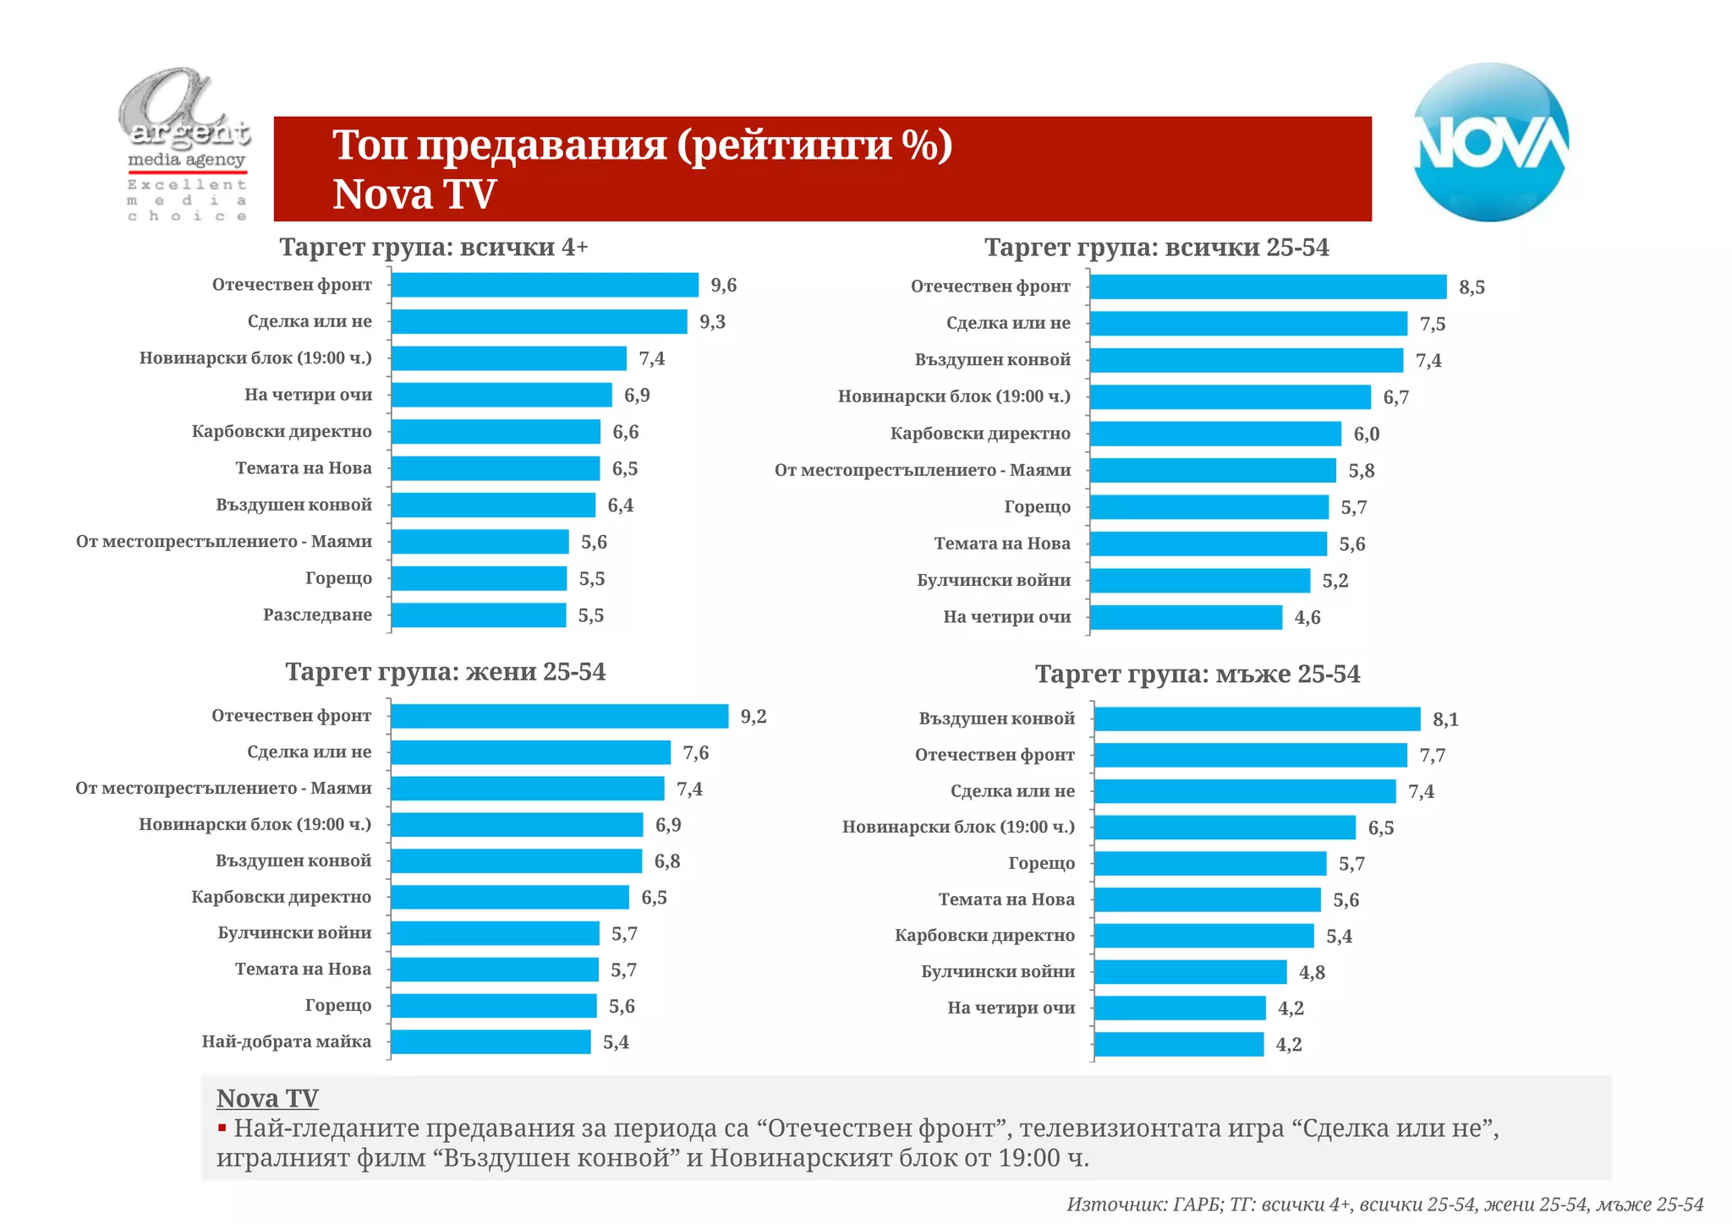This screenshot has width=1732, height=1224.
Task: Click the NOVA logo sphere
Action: pyautogui.click(x=1491, y=142)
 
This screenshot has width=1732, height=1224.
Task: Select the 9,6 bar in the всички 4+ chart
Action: pyautogui.click(x=545, y=285)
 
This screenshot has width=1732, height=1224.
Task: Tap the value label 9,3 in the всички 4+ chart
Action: pyautogui.click(x=712, y=322)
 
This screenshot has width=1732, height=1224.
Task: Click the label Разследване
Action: pyautogui.click(x=317, y=615)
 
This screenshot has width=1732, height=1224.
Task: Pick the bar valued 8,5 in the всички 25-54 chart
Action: pyautogui.click(x=1268, y=287)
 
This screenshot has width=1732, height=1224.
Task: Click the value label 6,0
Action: pyautogui.click(x=1366, y=434)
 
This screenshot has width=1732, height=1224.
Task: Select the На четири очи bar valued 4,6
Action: pyautogui.click(x=1186, y=618)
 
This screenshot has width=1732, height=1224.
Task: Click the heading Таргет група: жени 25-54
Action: pyautogui.click(x=445, y=672)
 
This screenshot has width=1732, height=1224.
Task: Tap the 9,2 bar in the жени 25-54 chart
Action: pyautogui.click(x=559, y=717)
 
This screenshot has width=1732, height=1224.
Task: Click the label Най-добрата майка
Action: pyautogui.click(x=286, y=1041)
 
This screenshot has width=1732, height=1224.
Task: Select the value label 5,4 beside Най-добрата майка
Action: pyautogui.click(x=616, y=1042)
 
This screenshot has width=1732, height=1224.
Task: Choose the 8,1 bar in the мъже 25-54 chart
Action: pyautogui.click(x=1257, y=719)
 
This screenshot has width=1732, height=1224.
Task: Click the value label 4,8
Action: pyautogui.click(x=1312, y=973)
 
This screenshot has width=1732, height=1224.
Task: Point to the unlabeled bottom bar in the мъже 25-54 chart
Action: pyautogui.click(x=1178, y=1045)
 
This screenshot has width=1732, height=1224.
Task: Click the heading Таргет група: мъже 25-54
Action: pyautogui.click(x=1197, y=675)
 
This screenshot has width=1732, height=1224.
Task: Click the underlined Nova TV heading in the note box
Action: pyautogui.click(x=267, y=1098)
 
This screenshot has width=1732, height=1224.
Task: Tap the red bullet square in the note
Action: pyautogui.click(x=222, y=1128)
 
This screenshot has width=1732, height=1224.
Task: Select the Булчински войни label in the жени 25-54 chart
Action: pyautogui.click(x=294, y=933)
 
